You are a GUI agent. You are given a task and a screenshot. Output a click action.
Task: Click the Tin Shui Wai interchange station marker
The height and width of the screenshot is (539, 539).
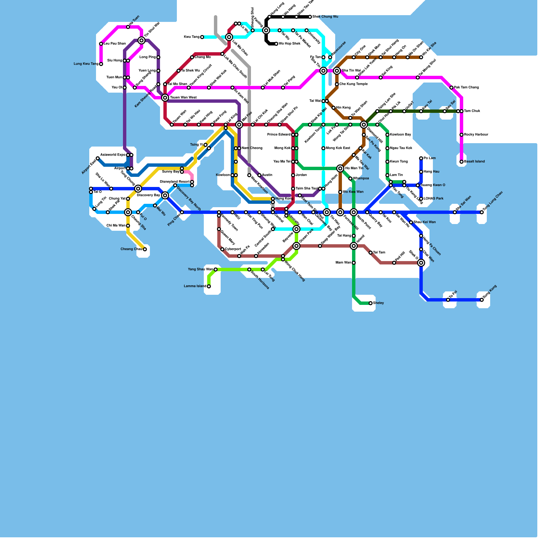[141, 40]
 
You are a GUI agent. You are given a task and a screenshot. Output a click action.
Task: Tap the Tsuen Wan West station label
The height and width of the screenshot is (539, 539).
[183, 98]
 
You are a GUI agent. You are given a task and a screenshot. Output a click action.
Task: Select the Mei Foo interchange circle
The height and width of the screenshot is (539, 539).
[239, 125]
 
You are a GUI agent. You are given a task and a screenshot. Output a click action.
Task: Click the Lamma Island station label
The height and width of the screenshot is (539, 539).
[195, 286]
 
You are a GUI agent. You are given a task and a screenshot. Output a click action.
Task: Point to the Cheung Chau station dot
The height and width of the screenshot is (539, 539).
[145, 249]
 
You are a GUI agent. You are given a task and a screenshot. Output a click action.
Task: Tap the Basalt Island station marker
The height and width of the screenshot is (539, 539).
[462, 162]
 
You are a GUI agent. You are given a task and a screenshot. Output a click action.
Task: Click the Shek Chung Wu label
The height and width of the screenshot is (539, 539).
[325, 17]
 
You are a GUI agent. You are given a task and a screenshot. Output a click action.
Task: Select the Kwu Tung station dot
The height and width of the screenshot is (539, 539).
[202, 37]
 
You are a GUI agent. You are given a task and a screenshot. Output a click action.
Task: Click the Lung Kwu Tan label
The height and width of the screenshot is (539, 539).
[86, 64]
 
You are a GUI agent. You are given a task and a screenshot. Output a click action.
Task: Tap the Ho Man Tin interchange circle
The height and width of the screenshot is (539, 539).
[340, 168]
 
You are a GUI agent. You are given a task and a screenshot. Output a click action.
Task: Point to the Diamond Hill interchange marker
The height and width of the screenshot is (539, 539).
[364, 125]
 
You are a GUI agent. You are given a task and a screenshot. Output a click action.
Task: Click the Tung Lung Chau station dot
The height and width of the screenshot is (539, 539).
[482, 212]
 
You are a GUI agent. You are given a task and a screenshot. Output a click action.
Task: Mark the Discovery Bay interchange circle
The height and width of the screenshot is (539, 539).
[165, 195]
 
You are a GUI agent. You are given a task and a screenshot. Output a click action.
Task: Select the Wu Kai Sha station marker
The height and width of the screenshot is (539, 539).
[421, 57]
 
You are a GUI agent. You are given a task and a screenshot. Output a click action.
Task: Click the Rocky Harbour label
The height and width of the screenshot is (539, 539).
[476, 135]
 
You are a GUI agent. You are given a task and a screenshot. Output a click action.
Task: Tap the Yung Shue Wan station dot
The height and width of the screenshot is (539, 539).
[216, 269]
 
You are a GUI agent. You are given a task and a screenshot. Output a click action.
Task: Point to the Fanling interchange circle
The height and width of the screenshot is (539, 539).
[266, 30]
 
